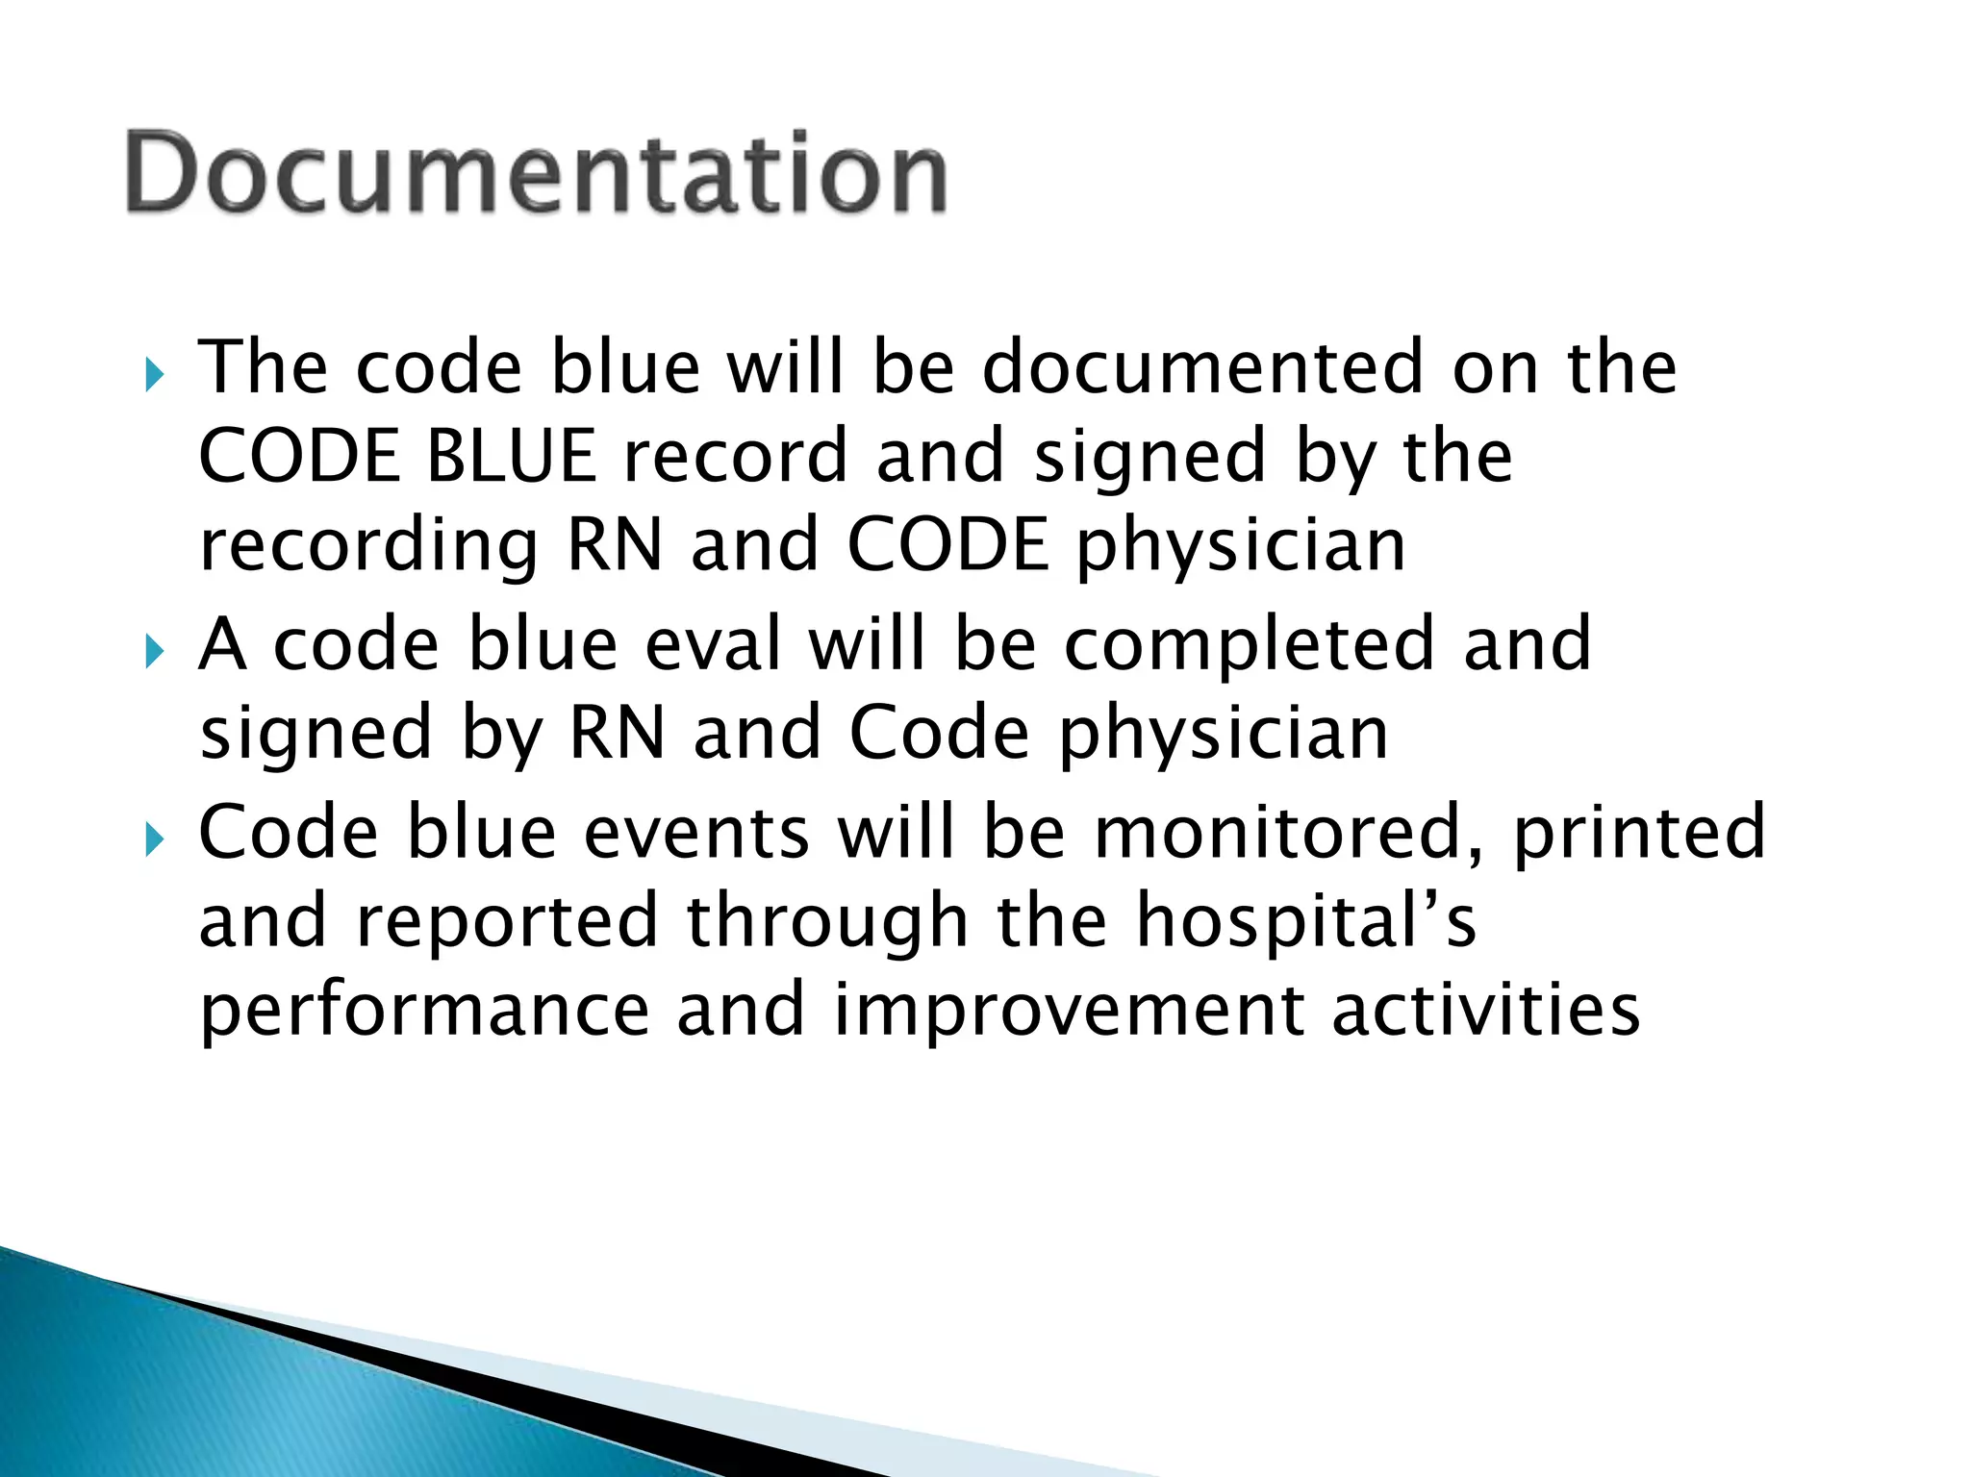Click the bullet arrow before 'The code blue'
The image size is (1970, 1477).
[155, 375]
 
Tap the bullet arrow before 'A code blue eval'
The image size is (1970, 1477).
[155, 652]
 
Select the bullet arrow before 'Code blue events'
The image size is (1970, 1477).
[155, 840]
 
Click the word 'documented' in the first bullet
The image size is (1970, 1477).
[1202, 367]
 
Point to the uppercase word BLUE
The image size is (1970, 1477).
[511, 457]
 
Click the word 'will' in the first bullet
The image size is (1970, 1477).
[784, 367]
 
